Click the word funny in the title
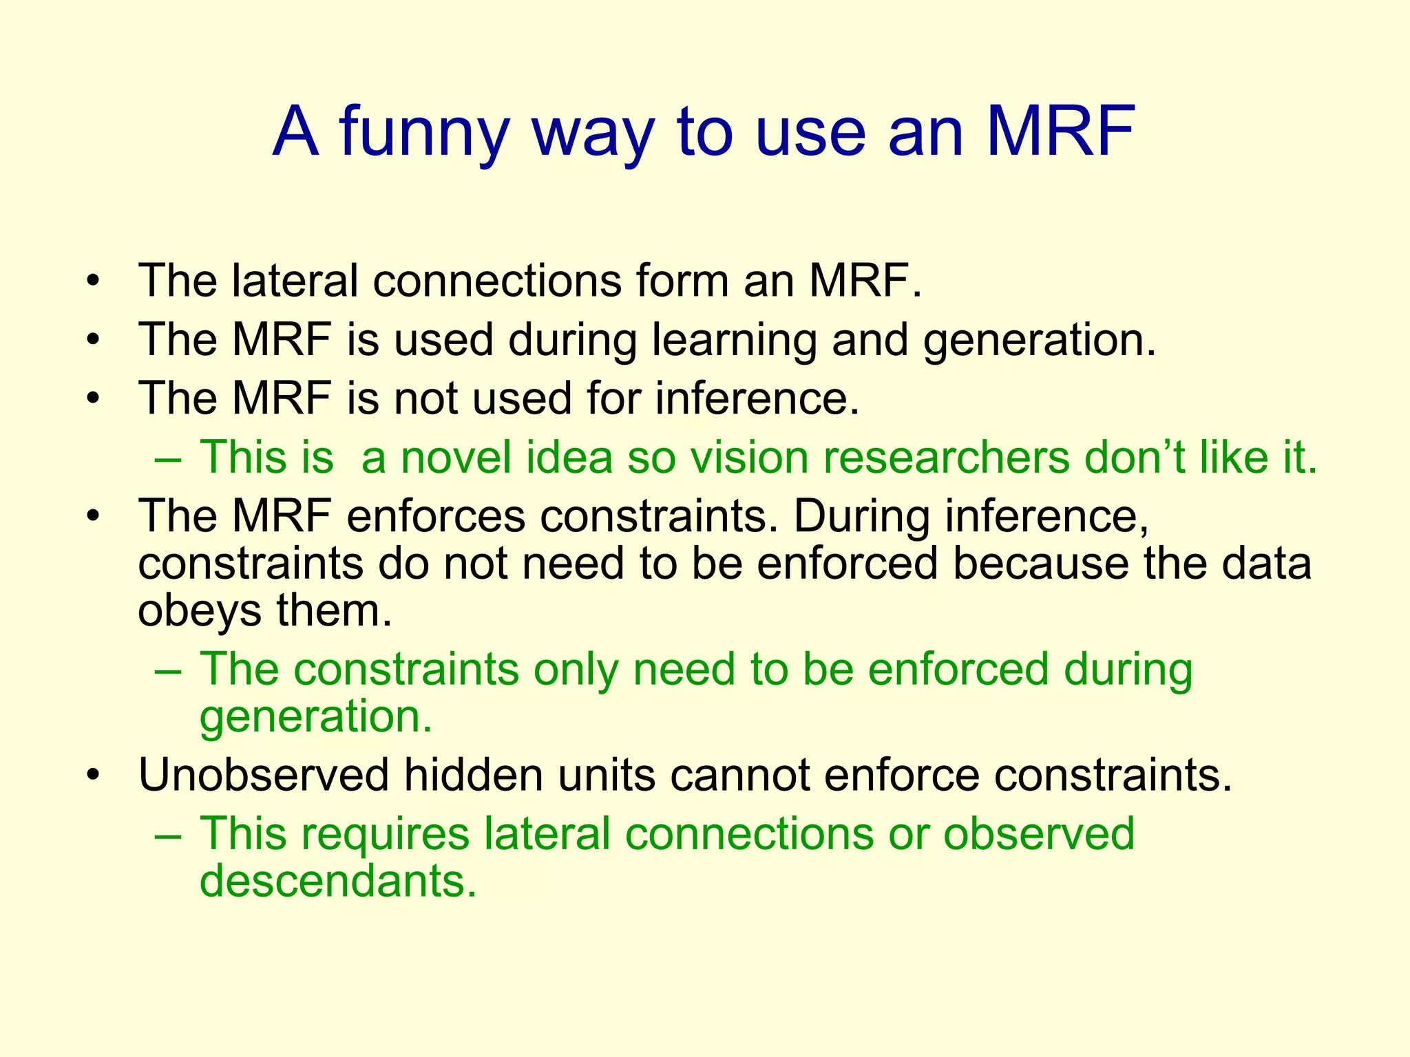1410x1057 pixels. [x=424, y=133]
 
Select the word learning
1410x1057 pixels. [x=734, y=341]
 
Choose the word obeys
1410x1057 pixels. [x=200, y=612]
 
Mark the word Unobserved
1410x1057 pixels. [x=264, y=775]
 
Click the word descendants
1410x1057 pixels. [x=337, y=881]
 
